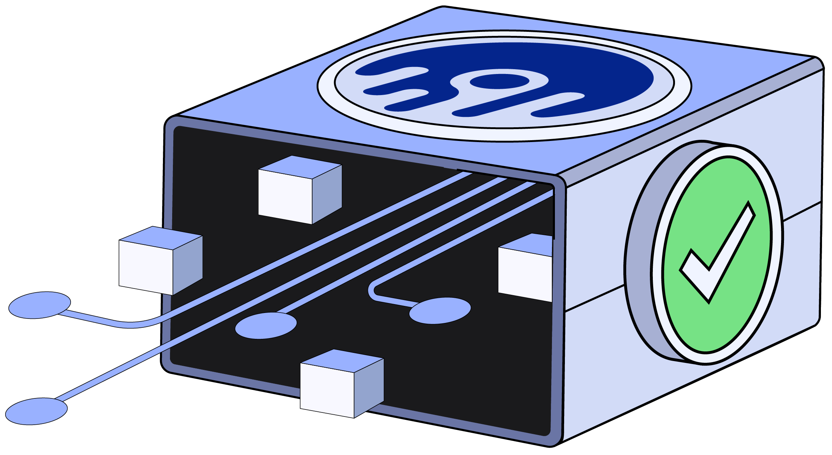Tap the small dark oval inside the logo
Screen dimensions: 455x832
click(499, 81)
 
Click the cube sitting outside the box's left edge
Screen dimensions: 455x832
click(161, 261)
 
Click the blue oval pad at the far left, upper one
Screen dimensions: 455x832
click(40, 305)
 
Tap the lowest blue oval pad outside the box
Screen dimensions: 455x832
click(36, 411)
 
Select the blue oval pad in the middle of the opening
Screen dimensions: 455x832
click(266, 326)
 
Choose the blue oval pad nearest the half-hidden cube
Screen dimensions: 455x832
click(440, 310)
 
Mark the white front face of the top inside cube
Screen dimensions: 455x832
click(285, 196)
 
